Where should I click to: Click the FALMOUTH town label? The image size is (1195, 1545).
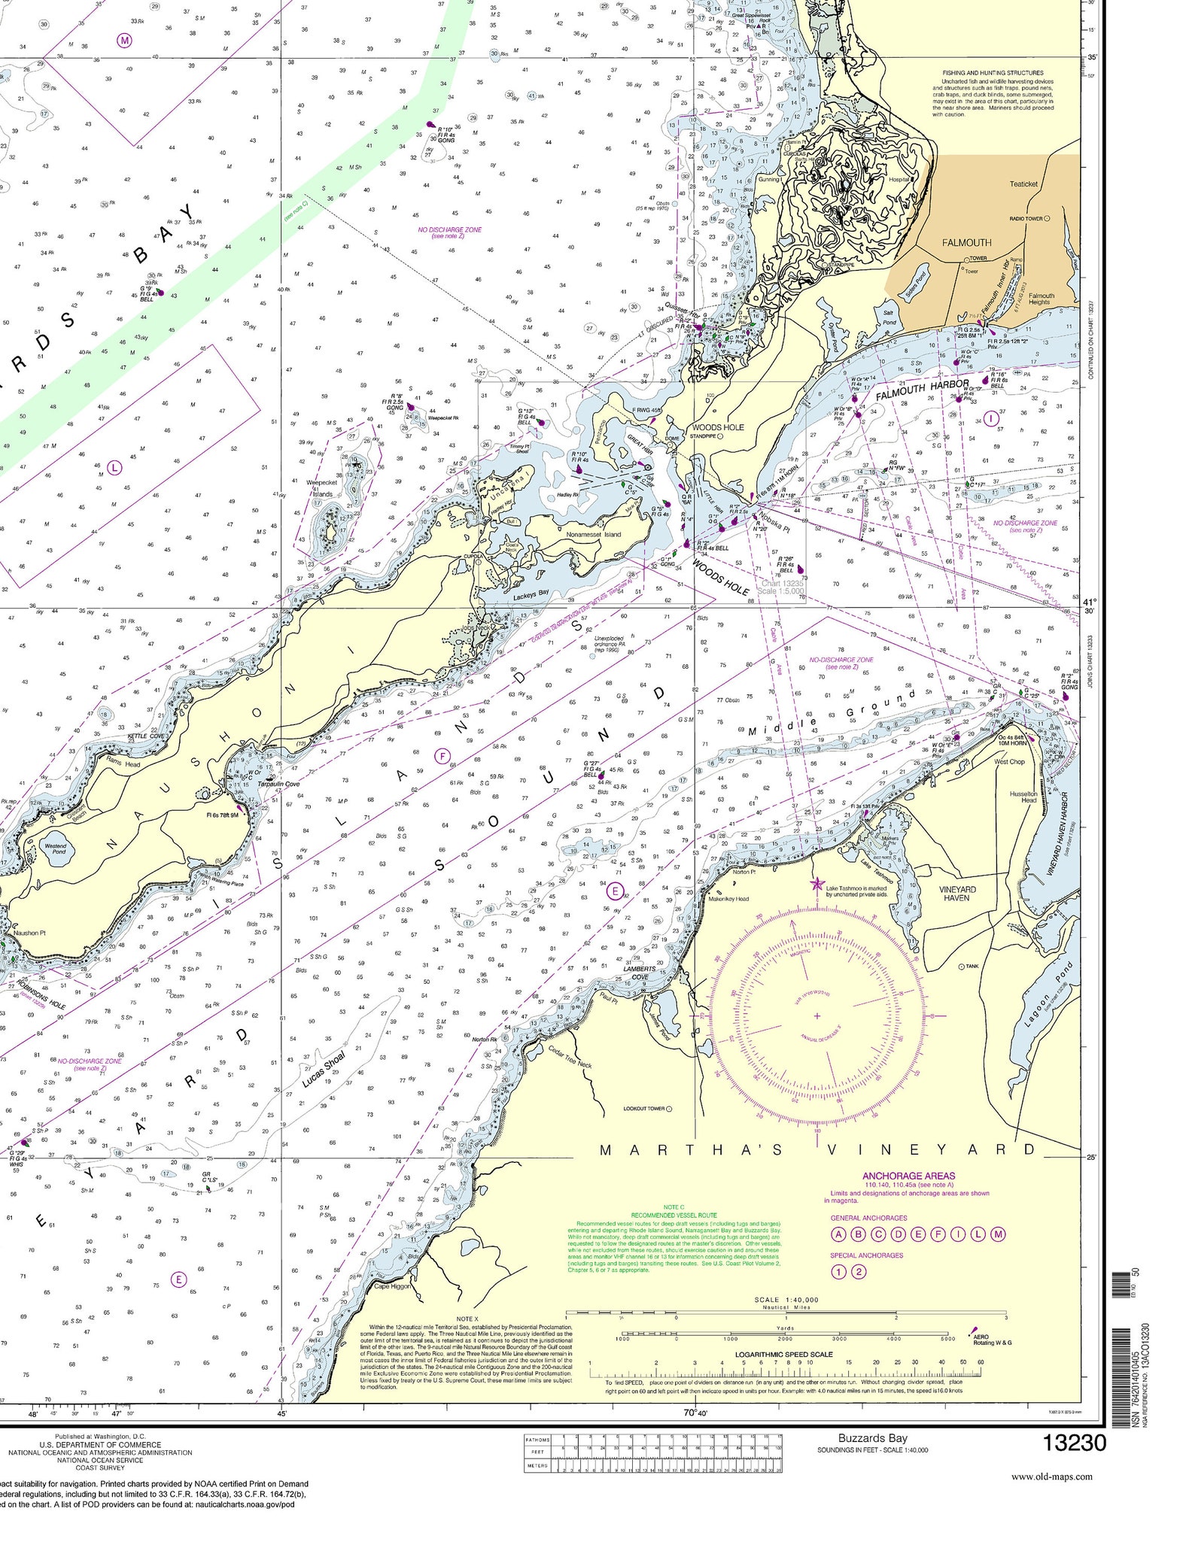point(966,243)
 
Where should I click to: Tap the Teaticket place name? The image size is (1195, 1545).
point(1023,184)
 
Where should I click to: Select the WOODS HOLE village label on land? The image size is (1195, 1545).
point(718,426)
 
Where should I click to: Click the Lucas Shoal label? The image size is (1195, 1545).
point(324,1070)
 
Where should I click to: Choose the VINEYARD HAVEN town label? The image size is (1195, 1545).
point(957,894)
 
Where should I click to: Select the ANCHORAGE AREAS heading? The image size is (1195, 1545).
point(908,1176)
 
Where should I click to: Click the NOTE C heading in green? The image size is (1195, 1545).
point(674,1207)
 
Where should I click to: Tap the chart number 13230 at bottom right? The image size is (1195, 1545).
point(1074,1443)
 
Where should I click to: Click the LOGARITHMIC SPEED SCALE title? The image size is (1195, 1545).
point(785,1355)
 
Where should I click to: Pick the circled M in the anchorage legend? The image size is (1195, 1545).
point(998,1234)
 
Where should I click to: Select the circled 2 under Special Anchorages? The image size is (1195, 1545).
point(858,1272)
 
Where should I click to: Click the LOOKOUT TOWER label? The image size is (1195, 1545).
point(643,1109)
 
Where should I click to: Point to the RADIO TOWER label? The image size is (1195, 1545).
point(1026,219)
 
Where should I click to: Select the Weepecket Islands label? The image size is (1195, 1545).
point(321,488)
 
